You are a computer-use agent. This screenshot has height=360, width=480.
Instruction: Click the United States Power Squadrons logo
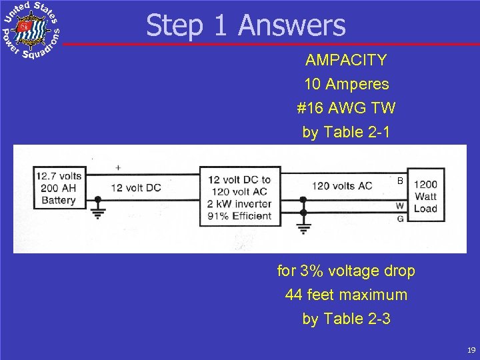[x=31, y=31]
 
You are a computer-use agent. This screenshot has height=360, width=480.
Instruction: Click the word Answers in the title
[x=291, y=26]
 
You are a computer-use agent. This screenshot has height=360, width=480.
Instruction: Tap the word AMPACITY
[x=346, y=60]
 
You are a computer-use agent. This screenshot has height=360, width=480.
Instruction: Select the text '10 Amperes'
[x=346, y=85]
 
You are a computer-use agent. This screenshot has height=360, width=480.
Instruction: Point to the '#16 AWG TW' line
[x=346, y=108]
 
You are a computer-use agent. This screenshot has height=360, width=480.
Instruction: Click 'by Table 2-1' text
[x=346, y=132]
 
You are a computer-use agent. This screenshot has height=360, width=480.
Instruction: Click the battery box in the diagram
[x=59, y=187]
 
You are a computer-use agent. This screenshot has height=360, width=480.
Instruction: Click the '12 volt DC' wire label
[x=135, y=187]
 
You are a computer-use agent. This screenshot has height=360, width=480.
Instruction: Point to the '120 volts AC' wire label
[x=342, y=185]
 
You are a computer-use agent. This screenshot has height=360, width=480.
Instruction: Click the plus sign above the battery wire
[x=118, y=167]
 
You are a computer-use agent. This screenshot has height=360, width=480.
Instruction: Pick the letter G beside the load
[x=400, y=218]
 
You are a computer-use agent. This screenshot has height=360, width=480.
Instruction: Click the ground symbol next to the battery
[x=98, y=211]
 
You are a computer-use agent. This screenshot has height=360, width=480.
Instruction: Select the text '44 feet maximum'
[x=346, y=295]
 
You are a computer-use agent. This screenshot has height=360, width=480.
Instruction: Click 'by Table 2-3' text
[x=346, y=319]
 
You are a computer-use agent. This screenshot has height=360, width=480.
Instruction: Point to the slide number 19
[x=471, y=350]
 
